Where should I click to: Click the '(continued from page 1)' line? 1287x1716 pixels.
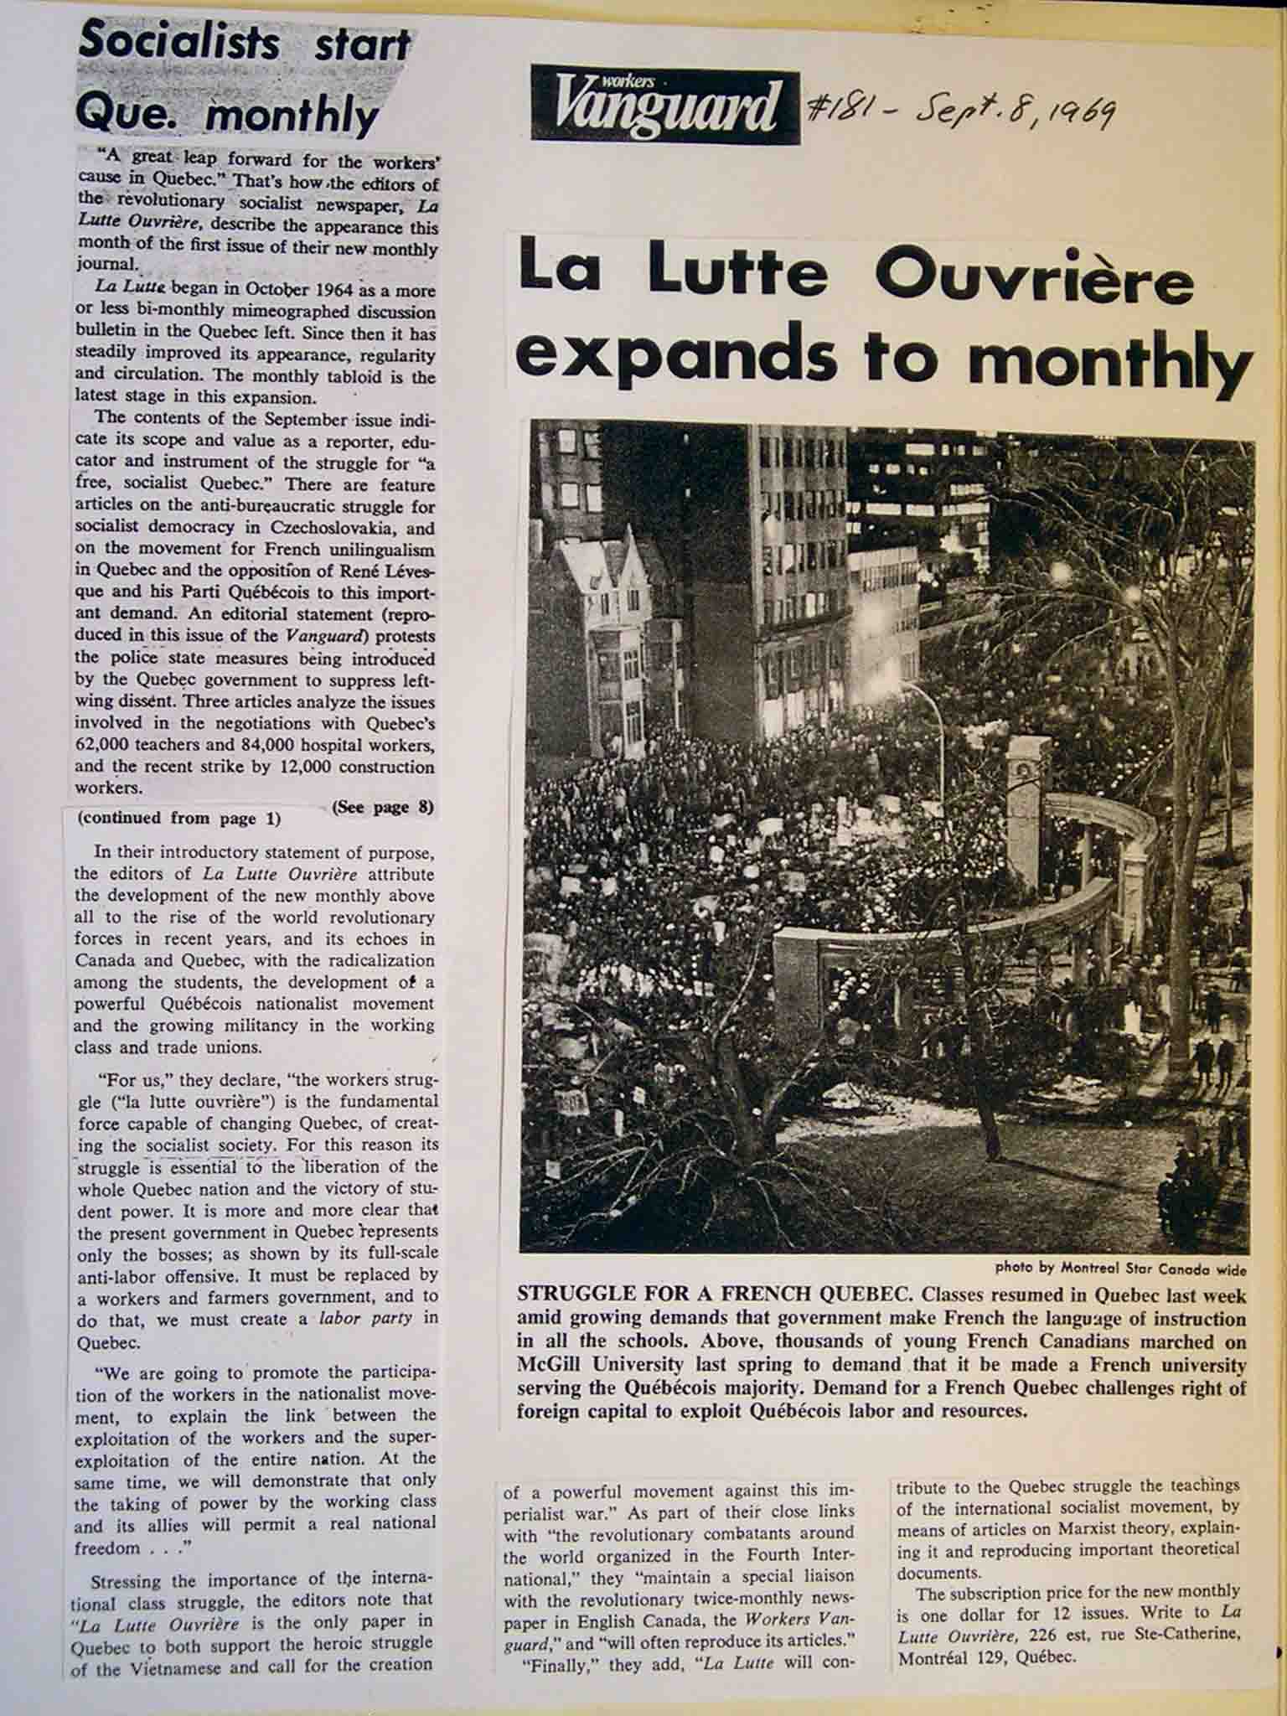point(179,819)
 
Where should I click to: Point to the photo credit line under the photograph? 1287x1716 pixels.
point(1120,1267)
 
